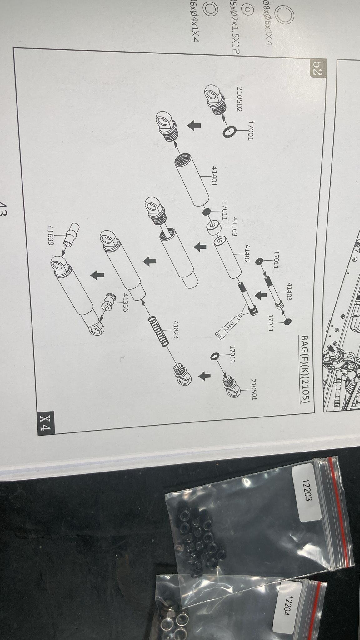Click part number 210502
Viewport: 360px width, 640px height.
pos(241,99)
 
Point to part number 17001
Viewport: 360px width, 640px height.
pos(251,130)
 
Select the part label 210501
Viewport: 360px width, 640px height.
pos(253,389)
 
